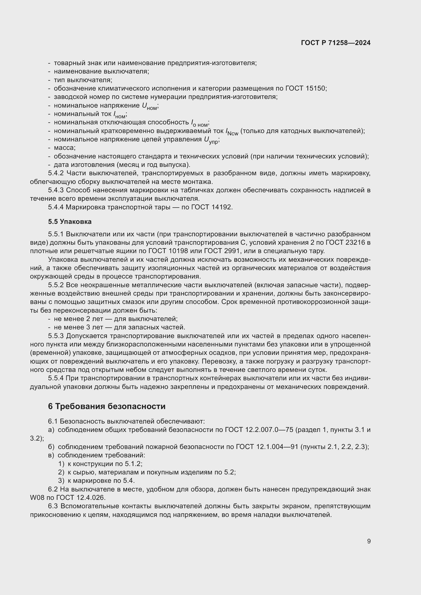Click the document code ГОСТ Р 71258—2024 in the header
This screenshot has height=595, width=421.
coord(336,43)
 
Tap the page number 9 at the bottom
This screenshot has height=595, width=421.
coord(369,541)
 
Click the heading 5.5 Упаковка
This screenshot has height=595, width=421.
coord(70,222)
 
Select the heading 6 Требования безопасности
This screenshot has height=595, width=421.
coord(107,406)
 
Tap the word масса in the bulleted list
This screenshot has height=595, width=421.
coord(65,148)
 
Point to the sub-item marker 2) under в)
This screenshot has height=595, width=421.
coord(61,472)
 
